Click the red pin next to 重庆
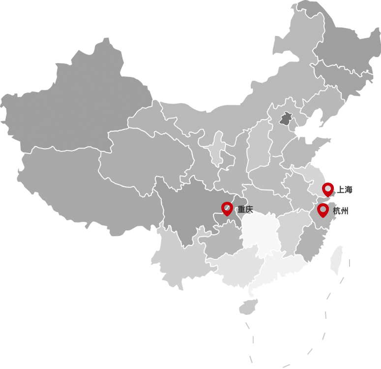click(227, 209)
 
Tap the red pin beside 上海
click(328, 189)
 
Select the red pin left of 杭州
click(322, 210)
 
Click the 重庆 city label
click(245, 210)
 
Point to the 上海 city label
click(345, 189)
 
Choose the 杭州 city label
click(340, 211)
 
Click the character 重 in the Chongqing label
click(241, 210)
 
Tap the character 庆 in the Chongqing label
click(249, 210)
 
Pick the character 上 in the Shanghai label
click(341, 189)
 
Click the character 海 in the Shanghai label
click(349, 189)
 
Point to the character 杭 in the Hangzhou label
click(336, 211)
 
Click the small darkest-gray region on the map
click(286, 119)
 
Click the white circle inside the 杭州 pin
click(322, 209)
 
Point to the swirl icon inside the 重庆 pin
click(227, 207)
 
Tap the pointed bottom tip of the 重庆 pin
click(227, 215)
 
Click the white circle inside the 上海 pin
click(328, 188)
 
